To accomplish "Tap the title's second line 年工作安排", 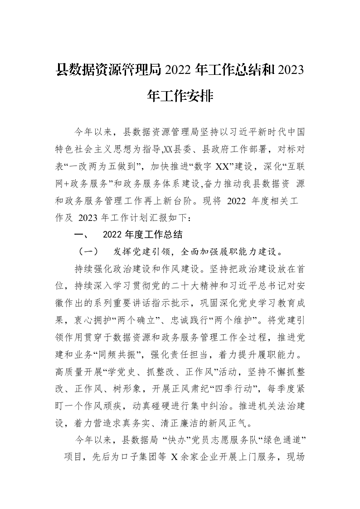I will tap(180, 96).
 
